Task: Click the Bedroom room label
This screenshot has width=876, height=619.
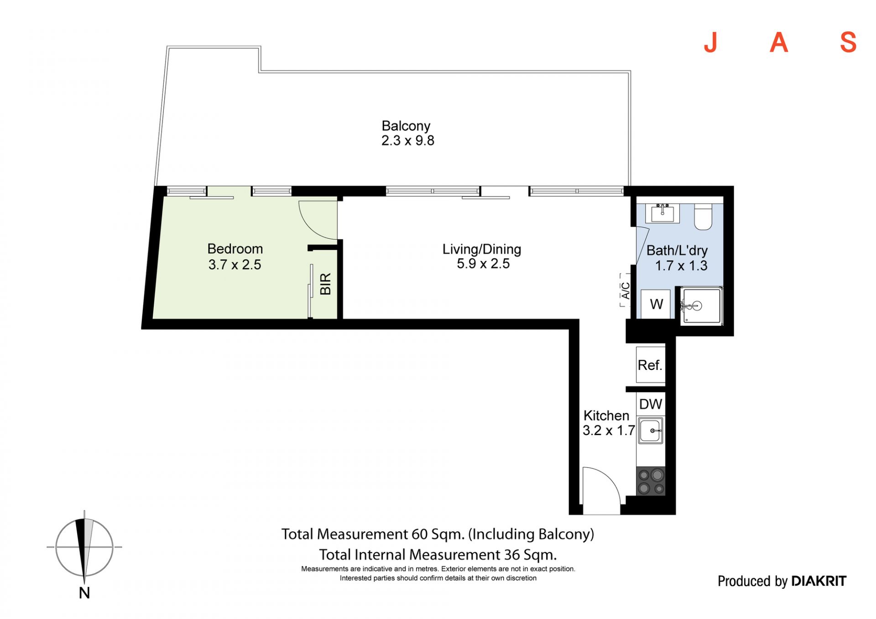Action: (235, 249)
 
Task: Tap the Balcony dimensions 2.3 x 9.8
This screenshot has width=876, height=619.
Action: (408, 140)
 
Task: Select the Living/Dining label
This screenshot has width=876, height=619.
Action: (482, 249)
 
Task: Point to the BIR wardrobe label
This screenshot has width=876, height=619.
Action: (325, 284)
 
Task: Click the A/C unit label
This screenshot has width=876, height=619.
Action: (626, 291)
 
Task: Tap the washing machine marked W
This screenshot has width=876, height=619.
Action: (656, 304)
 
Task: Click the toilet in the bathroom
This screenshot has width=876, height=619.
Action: (703, 217)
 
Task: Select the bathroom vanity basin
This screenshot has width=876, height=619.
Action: (662, 213)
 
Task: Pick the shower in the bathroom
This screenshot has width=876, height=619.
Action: (701, 306)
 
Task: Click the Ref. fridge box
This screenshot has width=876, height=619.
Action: (651, 364)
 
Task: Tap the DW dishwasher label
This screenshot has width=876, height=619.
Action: (651, 404)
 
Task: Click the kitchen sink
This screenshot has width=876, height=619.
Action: (651, 431)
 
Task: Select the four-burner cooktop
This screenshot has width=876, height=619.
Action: (651, 481)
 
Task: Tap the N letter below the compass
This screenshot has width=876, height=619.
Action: (84, 593)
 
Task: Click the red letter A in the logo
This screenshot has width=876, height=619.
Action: (779, 42)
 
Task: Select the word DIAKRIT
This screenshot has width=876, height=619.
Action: (819, 581)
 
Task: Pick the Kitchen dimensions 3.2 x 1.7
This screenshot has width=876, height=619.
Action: (609, 430)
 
